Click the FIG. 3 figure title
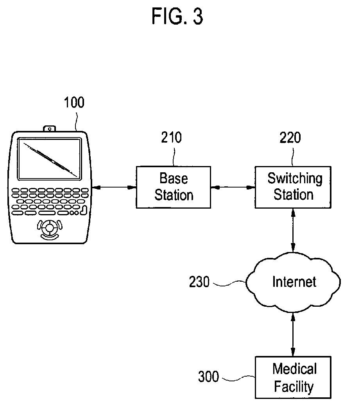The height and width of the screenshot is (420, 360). (x=177, y=16)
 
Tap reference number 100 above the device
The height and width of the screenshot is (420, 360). (x=74, y=102)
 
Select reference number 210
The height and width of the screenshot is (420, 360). (x=172, y=138)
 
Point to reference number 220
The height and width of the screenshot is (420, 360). (x=290, y=138)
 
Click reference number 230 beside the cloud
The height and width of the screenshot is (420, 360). (x=199, y=282)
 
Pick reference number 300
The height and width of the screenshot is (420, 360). (x=209, y=376)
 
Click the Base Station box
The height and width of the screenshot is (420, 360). (x=174, y=187)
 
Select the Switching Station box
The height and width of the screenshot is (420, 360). (x=293, y=187)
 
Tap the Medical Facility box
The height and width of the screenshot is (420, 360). (x=293, y=377)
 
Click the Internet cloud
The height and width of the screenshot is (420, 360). (x=293, y=282)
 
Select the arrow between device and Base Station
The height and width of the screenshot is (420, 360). (x=114, y=188)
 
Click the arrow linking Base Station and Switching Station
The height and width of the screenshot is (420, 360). (x=233, y=188)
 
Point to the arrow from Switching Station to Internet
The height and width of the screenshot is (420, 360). (x=293, y=231)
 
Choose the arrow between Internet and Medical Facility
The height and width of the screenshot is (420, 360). (x=293, y=334)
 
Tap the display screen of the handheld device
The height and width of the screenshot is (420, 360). (x=50, y=159)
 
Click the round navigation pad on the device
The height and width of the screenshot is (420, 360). (x=50, y=228)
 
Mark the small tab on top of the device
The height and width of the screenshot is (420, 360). (x=50, y=129)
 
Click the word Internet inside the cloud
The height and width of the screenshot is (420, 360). (x=294, y=282)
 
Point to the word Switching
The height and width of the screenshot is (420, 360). (x=295, y=179)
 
